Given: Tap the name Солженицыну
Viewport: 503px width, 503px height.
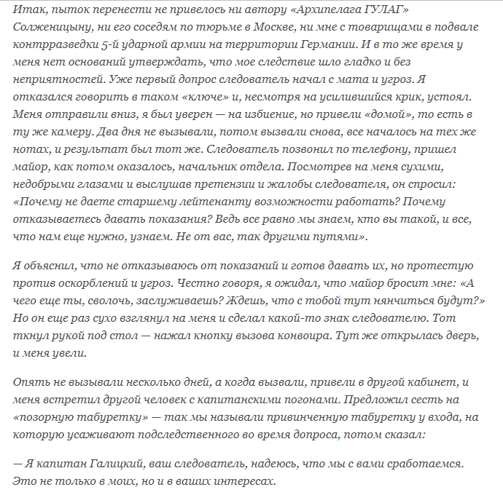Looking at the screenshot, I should pos(47,28).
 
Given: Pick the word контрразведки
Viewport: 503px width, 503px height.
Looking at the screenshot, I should pos(47,45).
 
